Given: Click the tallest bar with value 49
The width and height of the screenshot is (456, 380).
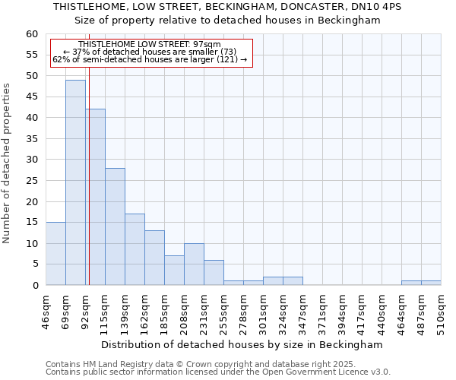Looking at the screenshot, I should pyautogui.click(x=75, y=182).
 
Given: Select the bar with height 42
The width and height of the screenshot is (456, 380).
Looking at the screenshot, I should pyautogui.click(x=96, y=197).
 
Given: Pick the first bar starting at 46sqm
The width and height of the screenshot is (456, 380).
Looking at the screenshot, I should pyautogui.click(x=55, y=254).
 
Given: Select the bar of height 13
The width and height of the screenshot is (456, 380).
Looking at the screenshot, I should pyautogui.click(x=154, y=258).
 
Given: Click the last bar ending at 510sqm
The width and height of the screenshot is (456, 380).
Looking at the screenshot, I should pyautogui.click(x=431, y=283).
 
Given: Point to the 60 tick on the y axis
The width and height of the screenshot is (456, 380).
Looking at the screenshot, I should pyautogui.click(x=31, y=34).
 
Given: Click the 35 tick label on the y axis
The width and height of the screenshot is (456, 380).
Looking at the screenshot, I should pyautogui.click(x=31, y=139).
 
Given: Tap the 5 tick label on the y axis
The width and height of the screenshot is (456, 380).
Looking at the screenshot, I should pyautogui.click(x=34, y=264).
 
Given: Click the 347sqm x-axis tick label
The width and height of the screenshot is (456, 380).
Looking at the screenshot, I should pyautogui.click(x=302, y=312).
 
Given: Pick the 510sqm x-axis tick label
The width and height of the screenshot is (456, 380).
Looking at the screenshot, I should pyautogui.click(x=440, y=312).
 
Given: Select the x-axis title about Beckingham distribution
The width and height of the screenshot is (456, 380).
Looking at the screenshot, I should pyautogui.click(x=242, y=344).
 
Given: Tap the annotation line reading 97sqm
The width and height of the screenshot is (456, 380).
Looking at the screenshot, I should pyautogui.click(x=149, y=44).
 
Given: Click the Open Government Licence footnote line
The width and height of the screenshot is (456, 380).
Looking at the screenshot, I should pyautogui.click(x=218, y=372).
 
